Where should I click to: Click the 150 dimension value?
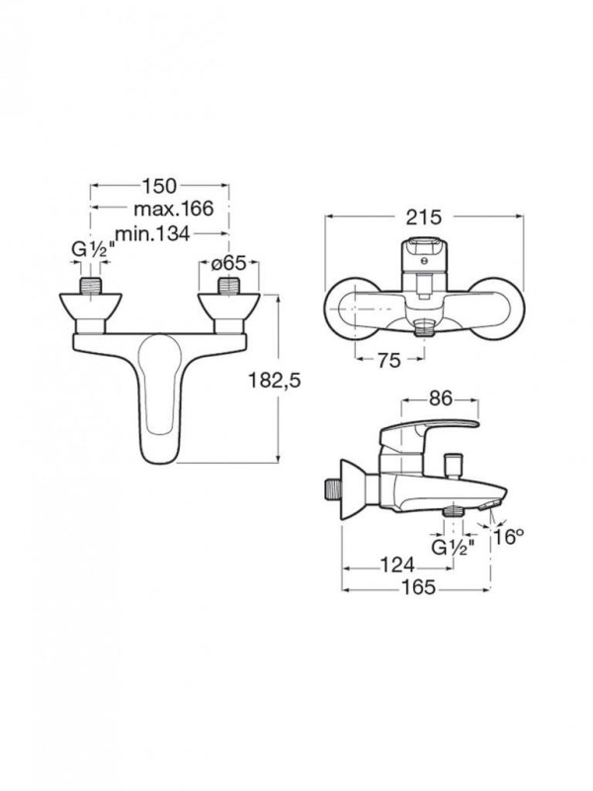pos(159,186)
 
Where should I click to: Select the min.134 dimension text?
pos(153,233)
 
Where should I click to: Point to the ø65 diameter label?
pos(228,263)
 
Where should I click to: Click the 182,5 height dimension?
pos(275,381)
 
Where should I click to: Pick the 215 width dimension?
pos(424,217)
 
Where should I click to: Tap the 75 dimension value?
pos(388,360)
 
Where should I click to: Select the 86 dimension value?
pos(441,399)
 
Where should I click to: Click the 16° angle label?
pos(506,537)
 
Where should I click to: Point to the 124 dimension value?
pos(397,565)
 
